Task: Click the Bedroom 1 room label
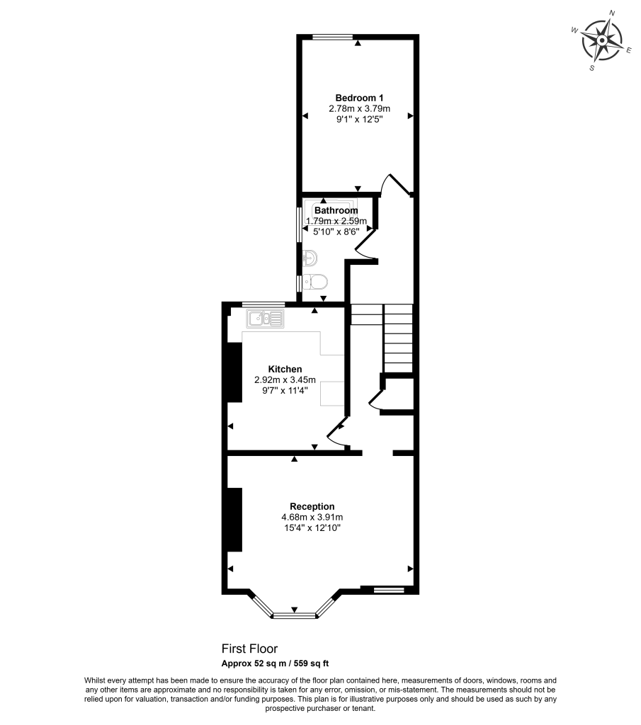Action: (x=359, y=98)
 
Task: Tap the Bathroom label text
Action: (x=336, y=210)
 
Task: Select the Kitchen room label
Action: (x=285, y=369)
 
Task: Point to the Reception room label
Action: (x=312, y=506)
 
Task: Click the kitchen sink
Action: (x=265, y=319)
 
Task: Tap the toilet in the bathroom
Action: (x=315, y=281)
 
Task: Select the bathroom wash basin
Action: (x=310, y=258)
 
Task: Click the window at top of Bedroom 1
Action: (x=333, y=38)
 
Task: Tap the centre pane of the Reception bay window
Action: (x=294, y=615)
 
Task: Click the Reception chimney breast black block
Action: (x=234, y=519)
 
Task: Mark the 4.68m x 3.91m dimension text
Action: (x=312, y=518)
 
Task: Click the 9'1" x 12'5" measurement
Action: (x=359, y=120)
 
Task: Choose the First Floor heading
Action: (x=249, y=649)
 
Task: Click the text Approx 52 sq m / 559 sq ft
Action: (x=276, y=663)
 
